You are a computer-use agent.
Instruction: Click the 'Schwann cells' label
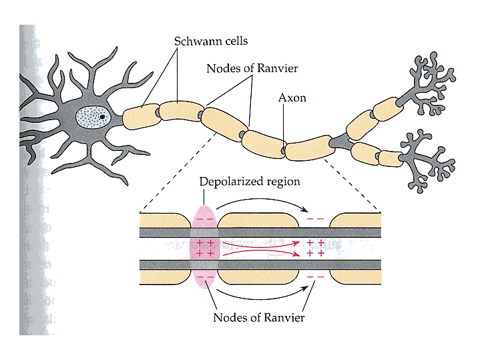[x=211, y=41]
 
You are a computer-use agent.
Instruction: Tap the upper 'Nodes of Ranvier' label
[x=252, y=69]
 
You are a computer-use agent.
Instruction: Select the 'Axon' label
[x=292, y=98]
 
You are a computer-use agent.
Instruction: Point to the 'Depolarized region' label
[x=250, y=182]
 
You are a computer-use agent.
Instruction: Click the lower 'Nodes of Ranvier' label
[x=258, y=317]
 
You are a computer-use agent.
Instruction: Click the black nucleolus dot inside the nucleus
[x=103, y=117]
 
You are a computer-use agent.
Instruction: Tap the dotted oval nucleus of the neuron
[x=93, y=119]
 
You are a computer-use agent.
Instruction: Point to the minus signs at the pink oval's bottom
[x=206, y=277]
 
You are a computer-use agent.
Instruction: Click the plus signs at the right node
[x=315, y=248]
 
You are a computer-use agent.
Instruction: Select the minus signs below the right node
[x=315, y=277]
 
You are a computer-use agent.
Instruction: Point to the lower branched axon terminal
[x=427, y=160]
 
